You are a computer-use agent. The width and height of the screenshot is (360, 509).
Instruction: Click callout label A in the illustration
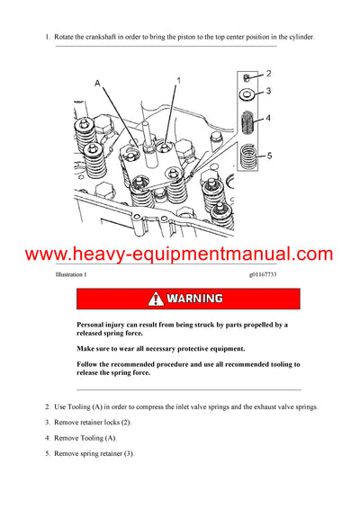98,83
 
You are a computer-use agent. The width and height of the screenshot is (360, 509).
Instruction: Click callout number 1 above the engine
177,80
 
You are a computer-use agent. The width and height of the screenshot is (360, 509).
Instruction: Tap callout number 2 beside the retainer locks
268,73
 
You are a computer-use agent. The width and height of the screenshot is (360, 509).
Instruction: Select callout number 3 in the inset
268,92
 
